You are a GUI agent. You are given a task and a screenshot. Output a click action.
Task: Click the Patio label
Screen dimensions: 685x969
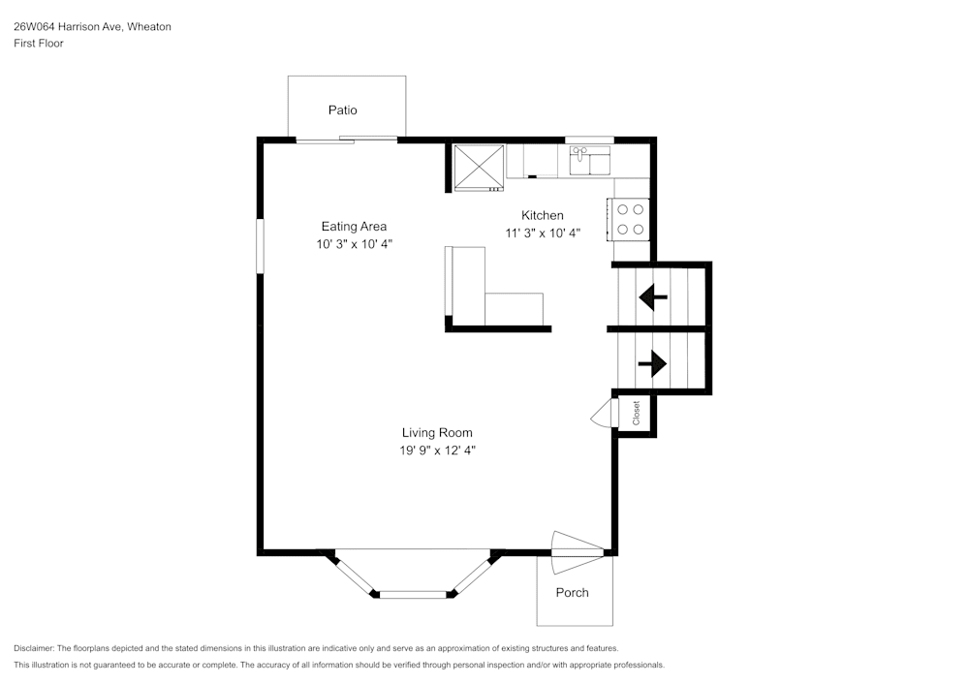342,110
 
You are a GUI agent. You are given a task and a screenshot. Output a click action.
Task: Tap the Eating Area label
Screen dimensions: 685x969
354,227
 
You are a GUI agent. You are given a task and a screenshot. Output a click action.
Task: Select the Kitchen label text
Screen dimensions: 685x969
542,215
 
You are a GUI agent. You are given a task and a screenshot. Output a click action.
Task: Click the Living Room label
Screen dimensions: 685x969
437,433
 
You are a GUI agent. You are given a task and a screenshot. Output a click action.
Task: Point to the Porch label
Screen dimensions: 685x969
572,593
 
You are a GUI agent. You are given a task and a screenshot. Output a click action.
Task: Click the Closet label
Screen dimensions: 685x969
637,414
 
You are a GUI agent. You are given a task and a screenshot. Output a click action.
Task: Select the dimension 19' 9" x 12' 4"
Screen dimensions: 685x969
438,450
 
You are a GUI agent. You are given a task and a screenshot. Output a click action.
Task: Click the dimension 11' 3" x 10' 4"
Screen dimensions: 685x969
542,233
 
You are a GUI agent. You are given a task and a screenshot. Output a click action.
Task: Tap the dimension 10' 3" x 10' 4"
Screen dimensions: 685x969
354,244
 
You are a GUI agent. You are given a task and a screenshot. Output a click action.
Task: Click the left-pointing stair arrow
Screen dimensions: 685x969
653,297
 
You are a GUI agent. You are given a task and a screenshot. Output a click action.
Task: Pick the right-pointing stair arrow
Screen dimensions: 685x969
652,363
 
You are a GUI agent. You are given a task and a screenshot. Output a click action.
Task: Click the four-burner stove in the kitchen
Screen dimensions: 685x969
628,219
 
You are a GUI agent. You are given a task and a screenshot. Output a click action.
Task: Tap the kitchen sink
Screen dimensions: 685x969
589,160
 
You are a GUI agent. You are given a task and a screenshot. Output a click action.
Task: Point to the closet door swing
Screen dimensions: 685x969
601,415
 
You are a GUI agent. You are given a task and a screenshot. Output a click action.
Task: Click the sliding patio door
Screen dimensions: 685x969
346,140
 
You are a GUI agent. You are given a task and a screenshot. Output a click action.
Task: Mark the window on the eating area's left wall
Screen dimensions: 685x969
260,247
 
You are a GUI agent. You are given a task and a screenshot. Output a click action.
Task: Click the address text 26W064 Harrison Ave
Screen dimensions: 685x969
92,27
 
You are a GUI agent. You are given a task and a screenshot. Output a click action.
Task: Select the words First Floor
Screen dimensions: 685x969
39,44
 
